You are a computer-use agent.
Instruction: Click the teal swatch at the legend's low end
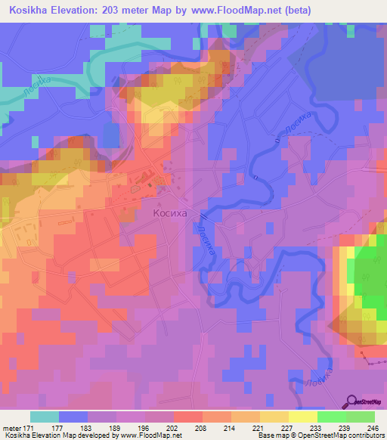(45, 417)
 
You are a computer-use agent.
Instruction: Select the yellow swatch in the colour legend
(303, 417)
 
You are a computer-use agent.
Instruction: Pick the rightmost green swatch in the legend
(361, 417)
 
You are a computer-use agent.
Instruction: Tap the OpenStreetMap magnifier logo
(351, 402)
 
